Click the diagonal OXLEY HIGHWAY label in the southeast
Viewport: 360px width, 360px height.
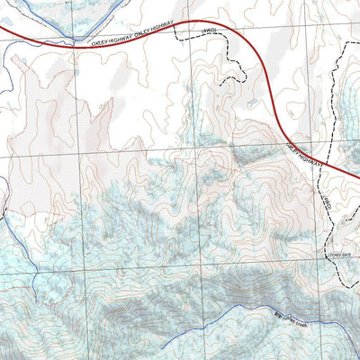click(x=305, y=154)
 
